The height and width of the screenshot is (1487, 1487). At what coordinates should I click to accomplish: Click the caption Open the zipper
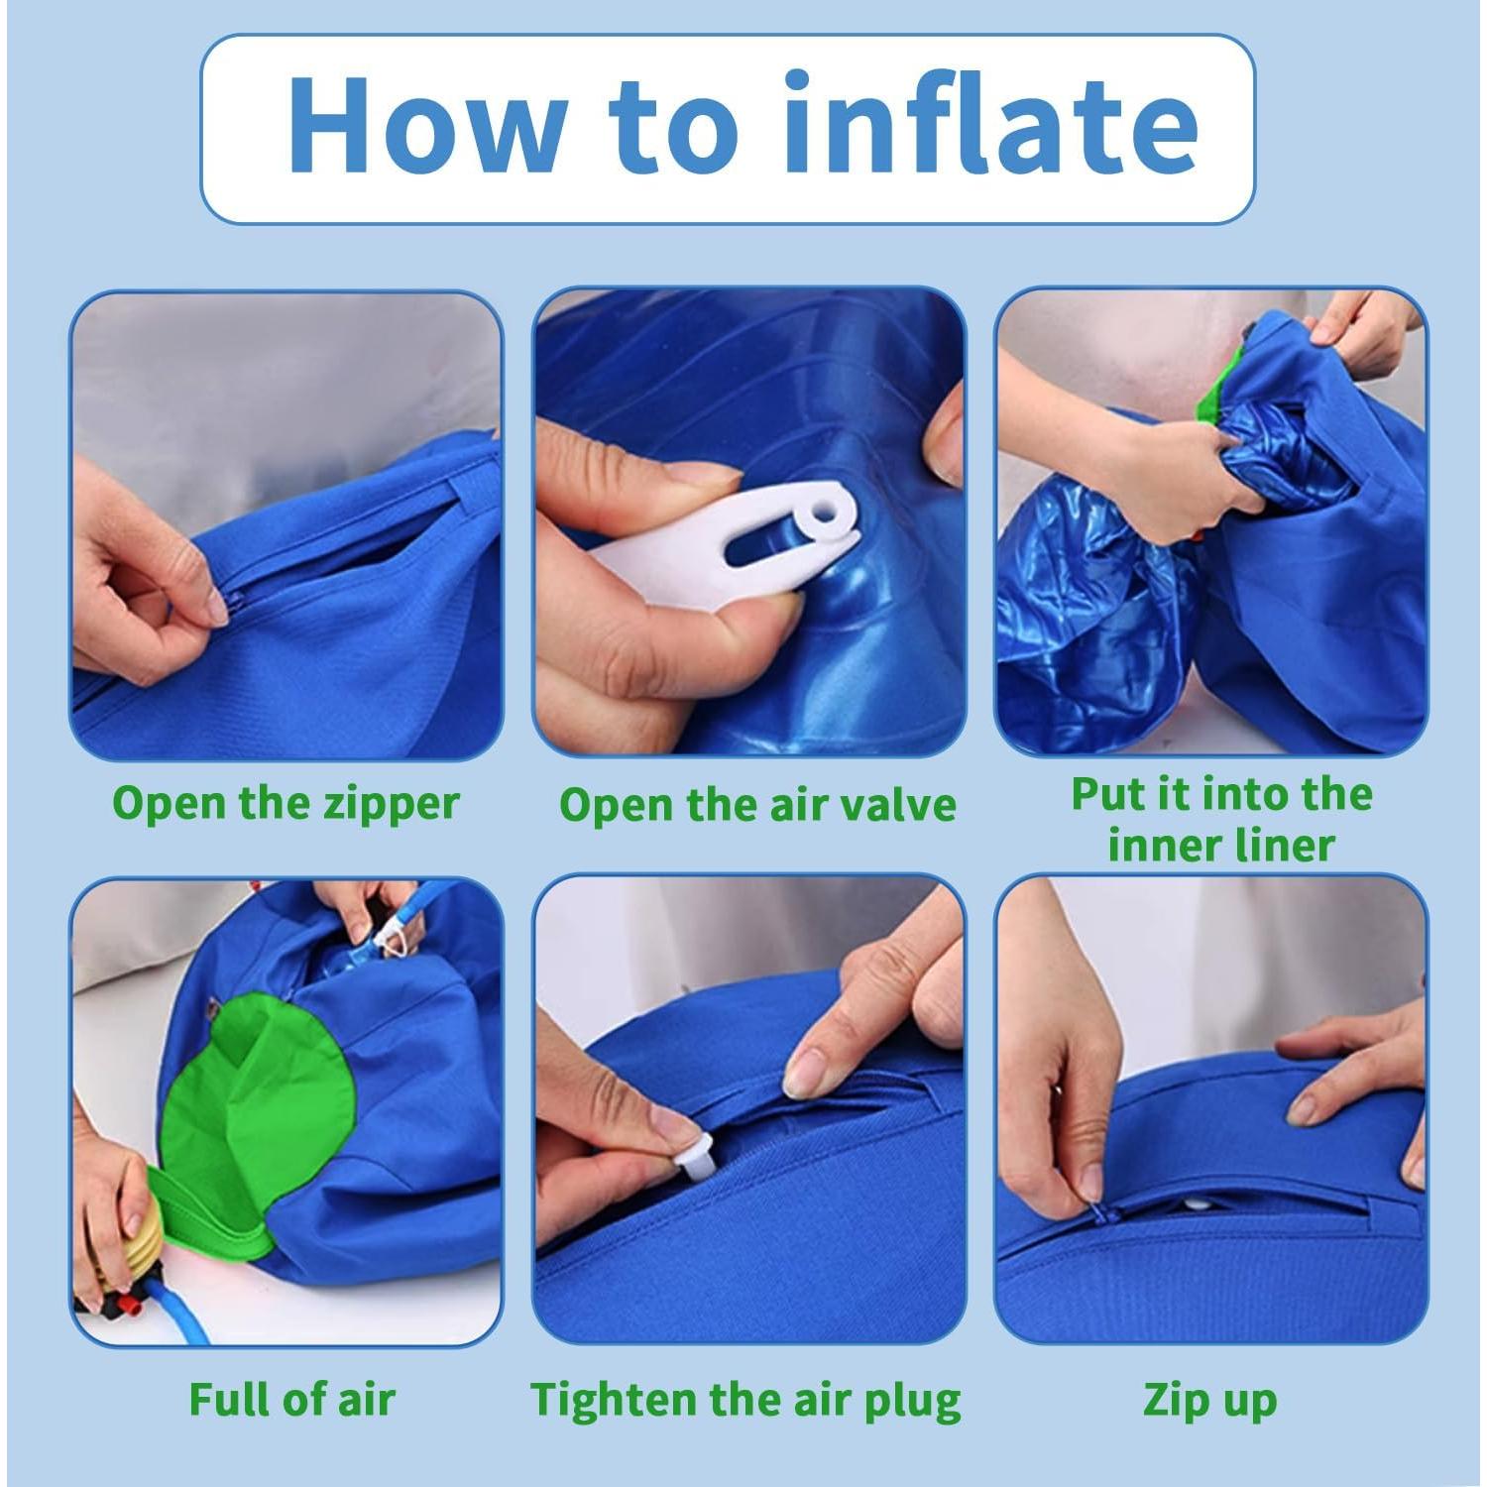point(286,804)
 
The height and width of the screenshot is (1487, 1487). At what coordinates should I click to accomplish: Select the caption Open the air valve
point(757,804)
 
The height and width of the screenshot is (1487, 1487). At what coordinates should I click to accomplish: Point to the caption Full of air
point(292,1399)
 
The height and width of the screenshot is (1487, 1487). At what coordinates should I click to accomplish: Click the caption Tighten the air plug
point(746,1401)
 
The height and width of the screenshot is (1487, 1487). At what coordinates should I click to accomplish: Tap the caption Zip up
point(1209,1401)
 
